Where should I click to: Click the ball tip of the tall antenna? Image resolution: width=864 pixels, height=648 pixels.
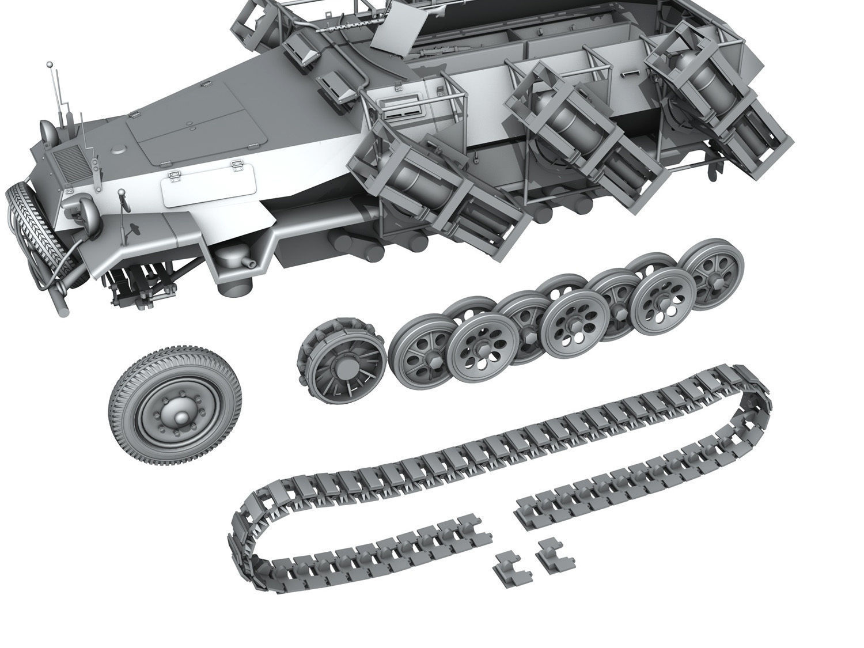(50, 63)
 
